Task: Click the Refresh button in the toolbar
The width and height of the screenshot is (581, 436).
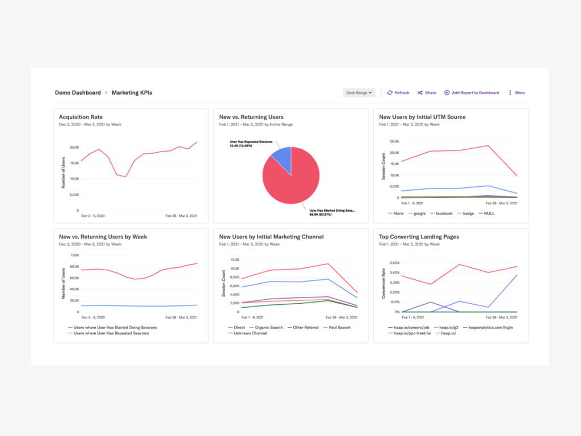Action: click(x=398, y=93)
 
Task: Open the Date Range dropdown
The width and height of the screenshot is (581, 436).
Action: click(x=359, y=93)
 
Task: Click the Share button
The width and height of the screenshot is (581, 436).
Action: click(x=427, y=93)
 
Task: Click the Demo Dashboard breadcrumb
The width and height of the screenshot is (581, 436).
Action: click(x=78, y=93)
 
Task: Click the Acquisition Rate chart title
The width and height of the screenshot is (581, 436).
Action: click(x=81, y=117)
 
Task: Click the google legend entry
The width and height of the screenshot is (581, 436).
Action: click(x=419, y=213)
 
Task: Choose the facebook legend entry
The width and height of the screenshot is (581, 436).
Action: click(x=444, y=213)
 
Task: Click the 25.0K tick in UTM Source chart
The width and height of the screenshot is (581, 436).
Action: click(x=394, y=142)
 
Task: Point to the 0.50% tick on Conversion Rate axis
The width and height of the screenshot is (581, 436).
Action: click(x=393, y=263)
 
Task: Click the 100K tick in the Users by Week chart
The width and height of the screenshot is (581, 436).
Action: click(x=74, y=257)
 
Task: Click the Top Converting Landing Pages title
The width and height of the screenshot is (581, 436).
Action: click(x=419, y=237)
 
